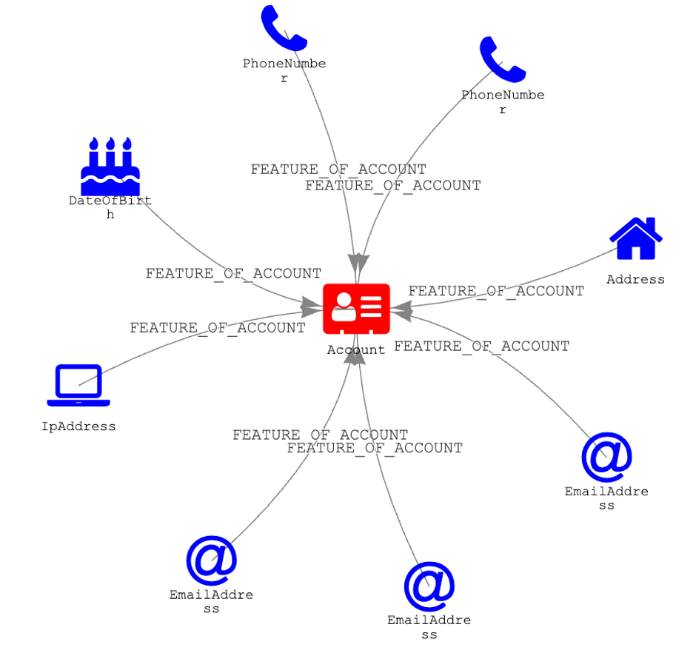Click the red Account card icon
pyautogui.click(x=356, y=308)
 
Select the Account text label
pyautogui.click(x=356, y=349)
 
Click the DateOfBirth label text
pyautogui.click(x=110, y=207)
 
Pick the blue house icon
pyautogui.click(x=635, y=238)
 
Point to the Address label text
pyautogui.click(x=635, y=280)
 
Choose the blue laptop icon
pyautogui.click(x=78, y=385)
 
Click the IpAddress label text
pyautogui.click(x=78, y=426)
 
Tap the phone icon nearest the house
pyautogui.click(x=502, y=59)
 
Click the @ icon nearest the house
pyautogui.click(x=606, y=457)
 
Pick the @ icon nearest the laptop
pyautogui.click(x=211, y=561)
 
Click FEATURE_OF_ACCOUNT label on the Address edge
pyautogui.click(x=496, y=291)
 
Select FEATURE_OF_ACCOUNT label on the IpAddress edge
pyautogui.click(x=218, y=327)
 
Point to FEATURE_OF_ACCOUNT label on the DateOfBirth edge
pyautogui.click(x=233, y=273)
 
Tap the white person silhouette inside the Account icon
pyautogui.click(x=343, y=307)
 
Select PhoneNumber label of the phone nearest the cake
pyautogui.click(x=284, y=70)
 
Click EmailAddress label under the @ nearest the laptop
pyautogui.click(x=211, y=601)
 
